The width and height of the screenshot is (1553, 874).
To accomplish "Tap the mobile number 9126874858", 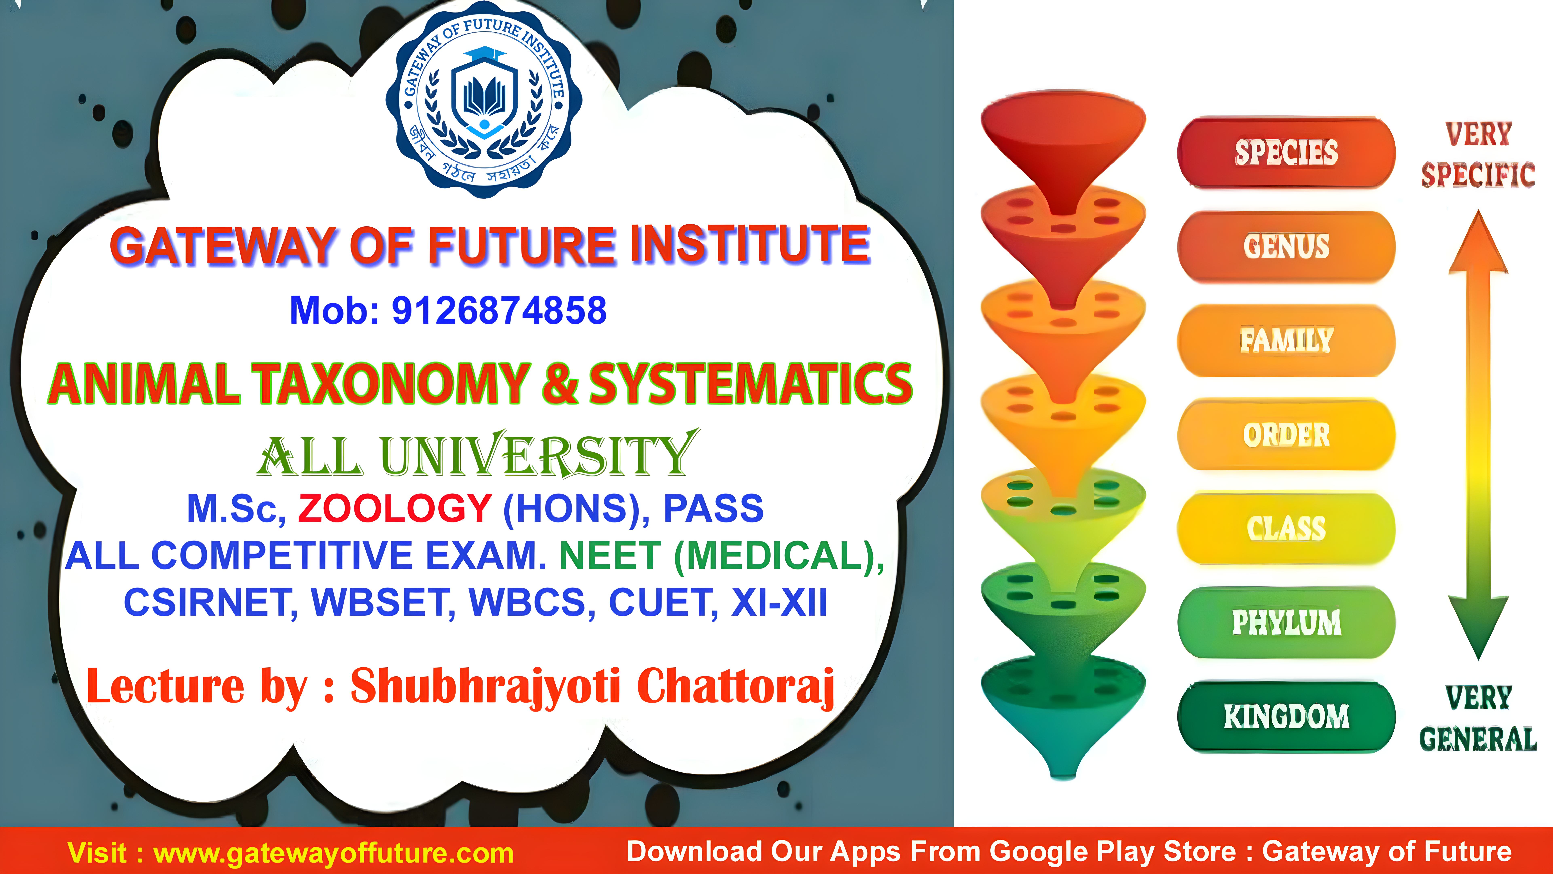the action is point(499,311).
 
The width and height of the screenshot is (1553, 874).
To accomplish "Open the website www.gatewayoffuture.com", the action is point(333,853).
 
